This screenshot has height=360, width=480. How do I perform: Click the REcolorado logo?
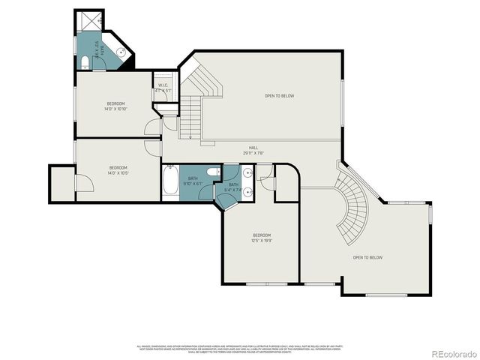[x=451, y=352]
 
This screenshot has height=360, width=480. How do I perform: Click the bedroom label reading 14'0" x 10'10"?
[x=116, y=106]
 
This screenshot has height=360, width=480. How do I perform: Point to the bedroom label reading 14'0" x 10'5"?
[x=118, y=170]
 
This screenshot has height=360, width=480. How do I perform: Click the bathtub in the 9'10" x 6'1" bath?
[x=170, y=183]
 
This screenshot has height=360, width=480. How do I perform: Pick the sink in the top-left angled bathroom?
[x=121, y=52]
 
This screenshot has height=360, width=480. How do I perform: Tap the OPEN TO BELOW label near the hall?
[x=279, y=96]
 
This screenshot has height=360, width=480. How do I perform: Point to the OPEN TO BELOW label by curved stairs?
[x=367, y=257]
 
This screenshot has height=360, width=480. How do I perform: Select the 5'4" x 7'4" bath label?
[x=233, y=187]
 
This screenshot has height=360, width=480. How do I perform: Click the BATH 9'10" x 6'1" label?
[x=193, y=181]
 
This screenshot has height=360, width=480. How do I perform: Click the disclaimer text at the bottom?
[x=239, y=348]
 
